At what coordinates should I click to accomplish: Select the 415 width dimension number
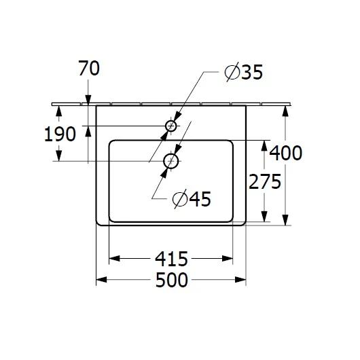[171, 259]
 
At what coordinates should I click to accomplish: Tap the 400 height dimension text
[286, 153]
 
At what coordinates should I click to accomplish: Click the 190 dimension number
[59, 134]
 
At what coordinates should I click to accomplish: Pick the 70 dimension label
[88, 69]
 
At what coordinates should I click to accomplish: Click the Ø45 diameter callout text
[192, 199]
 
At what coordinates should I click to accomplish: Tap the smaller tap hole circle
[171, 126]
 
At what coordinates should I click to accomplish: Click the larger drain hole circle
[170, 162]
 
